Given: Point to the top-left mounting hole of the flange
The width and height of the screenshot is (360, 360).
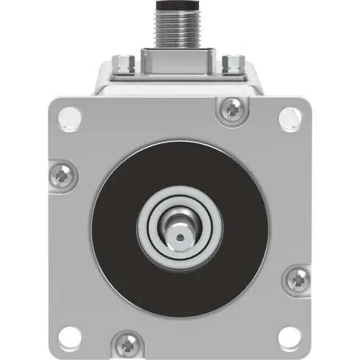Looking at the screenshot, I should pyautogui.click(x=71, y=115).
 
